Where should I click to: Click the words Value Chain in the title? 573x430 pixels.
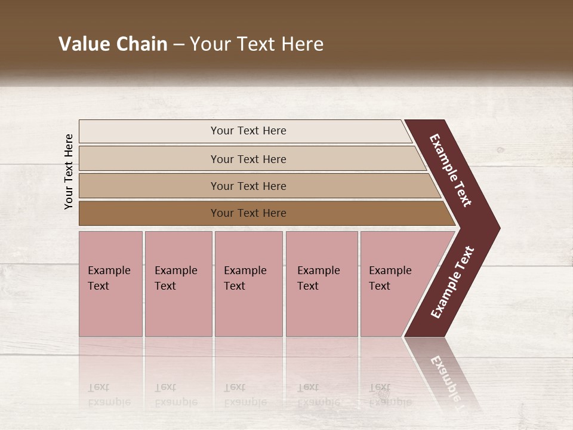coord(113,44)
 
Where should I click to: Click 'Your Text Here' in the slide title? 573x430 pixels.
coord(257,44)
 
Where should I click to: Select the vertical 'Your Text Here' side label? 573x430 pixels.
coord(69,171)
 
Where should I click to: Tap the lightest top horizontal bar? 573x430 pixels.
coord(248,131)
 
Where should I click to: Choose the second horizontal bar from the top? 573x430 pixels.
coord(248,159)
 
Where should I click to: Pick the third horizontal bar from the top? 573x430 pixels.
coord(248,186)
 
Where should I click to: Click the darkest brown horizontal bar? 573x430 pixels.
coord(248,213)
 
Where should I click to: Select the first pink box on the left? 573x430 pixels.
coord(110,284)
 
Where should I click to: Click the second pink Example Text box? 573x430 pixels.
coord(178,284)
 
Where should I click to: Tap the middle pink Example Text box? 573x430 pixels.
coord(248,284)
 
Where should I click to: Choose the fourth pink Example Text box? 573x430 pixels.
coord(321,284)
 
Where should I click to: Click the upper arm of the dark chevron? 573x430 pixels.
coord(452,171)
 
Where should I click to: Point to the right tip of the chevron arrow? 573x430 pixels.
coord(497,228)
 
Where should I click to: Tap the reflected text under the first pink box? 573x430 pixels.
coord(108,395)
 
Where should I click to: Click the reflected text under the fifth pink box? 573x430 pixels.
coord(390,395)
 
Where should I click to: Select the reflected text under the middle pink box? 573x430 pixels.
coord(245,395)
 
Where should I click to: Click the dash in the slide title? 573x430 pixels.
coord(178,45)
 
